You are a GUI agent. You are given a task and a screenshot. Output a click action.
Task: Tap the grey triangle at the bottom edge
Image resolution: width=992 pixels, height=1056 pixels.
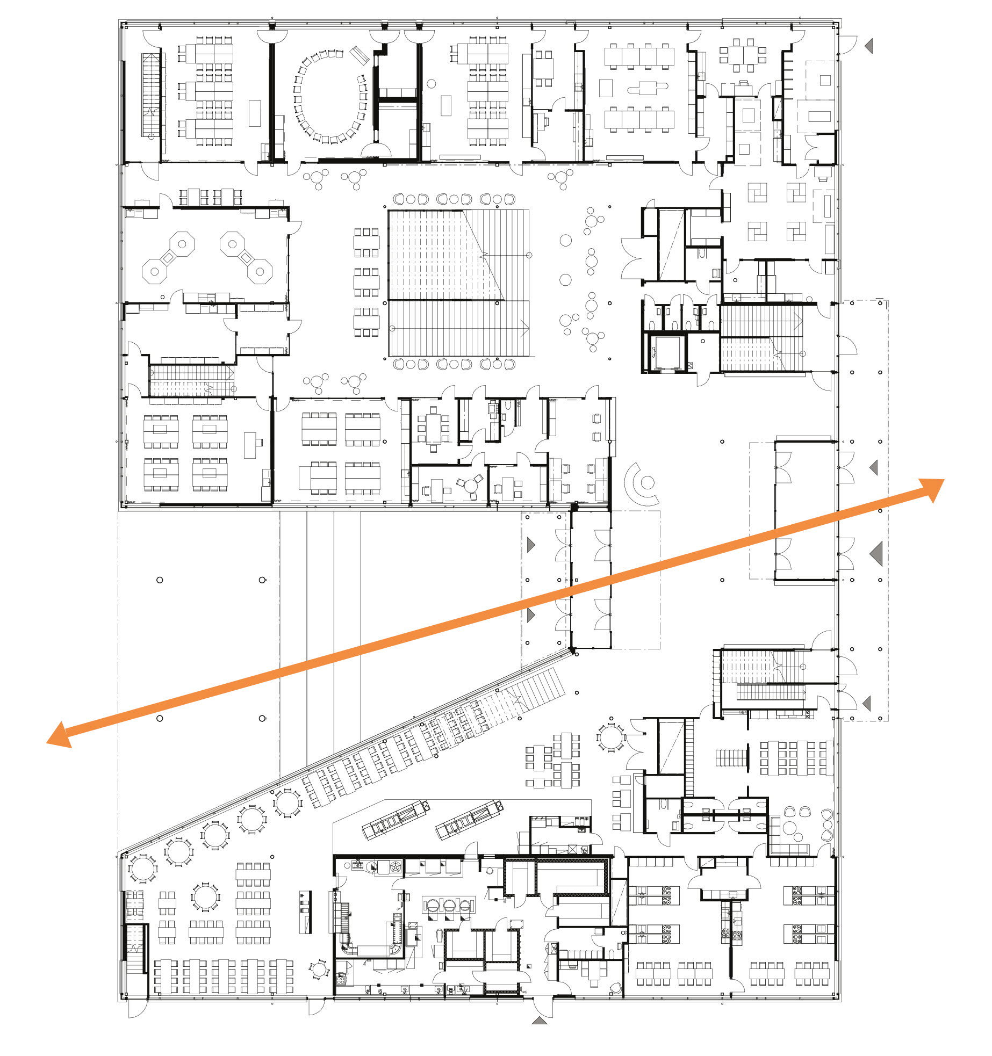coord(540,1019)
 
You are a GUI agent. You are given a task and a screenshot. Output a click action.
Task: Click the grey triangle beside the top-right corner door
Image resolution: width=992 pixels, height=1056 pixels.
coord(869,46)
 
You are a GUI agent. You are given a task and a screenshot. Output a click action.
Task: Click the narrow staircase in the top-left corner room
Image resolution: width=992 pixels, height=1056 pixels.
coord(151,95)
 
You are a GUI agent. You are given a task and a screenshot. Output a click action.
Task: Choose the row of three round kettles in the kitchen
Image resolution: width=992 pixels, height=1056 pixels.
coord(449,906)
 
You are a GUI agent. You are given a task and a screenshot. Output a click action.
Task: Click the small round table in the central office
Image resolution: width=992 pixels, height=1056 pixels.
coord(471,486)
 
